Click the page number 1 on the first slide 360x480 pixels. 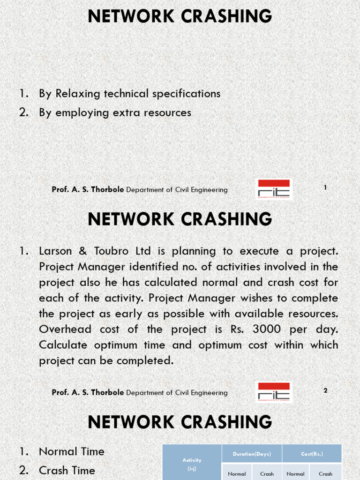pos(325,187)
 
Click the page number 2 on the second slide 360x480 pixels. pos(325,390)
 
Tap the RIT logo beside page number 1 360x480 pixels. pos(274,189)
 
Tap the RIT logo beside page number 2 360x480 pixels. pos(274,392)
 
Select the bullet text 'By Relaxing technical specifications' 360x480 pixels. pos(129,93)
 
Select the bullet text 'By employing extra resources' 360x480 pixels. pos(115,112)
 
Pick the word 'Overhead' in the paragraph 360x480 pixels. pos(66,329)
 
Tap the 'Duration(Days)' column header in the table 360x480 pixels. pos(252,454)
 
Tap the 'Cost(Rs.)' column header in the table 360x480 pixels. pos(312,454)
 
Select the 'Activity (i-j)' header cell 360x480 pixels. pos(192,464)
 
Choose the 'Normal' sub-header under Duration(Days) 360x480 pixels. pos(237,474)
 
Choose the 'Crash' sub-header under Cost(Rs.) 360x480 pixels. pos(325,474)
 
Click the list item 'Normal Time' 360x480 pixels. pos(71,451)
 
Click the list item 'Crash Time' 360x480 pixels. pos(67,470)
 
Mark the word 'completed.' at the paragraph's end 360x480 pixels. pos(145,361)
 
